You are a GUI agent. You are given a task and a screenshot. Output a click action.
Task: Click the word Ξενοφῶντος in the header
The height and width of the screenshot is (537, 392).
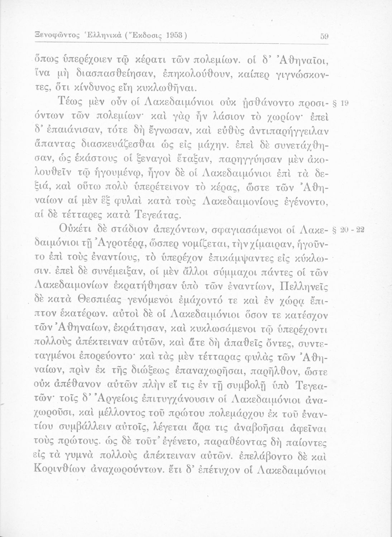(48, 36)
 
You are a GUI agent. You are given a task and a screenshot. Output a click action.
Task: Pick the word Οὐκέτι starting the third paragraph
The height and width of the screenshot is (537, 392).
(76, 230)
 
